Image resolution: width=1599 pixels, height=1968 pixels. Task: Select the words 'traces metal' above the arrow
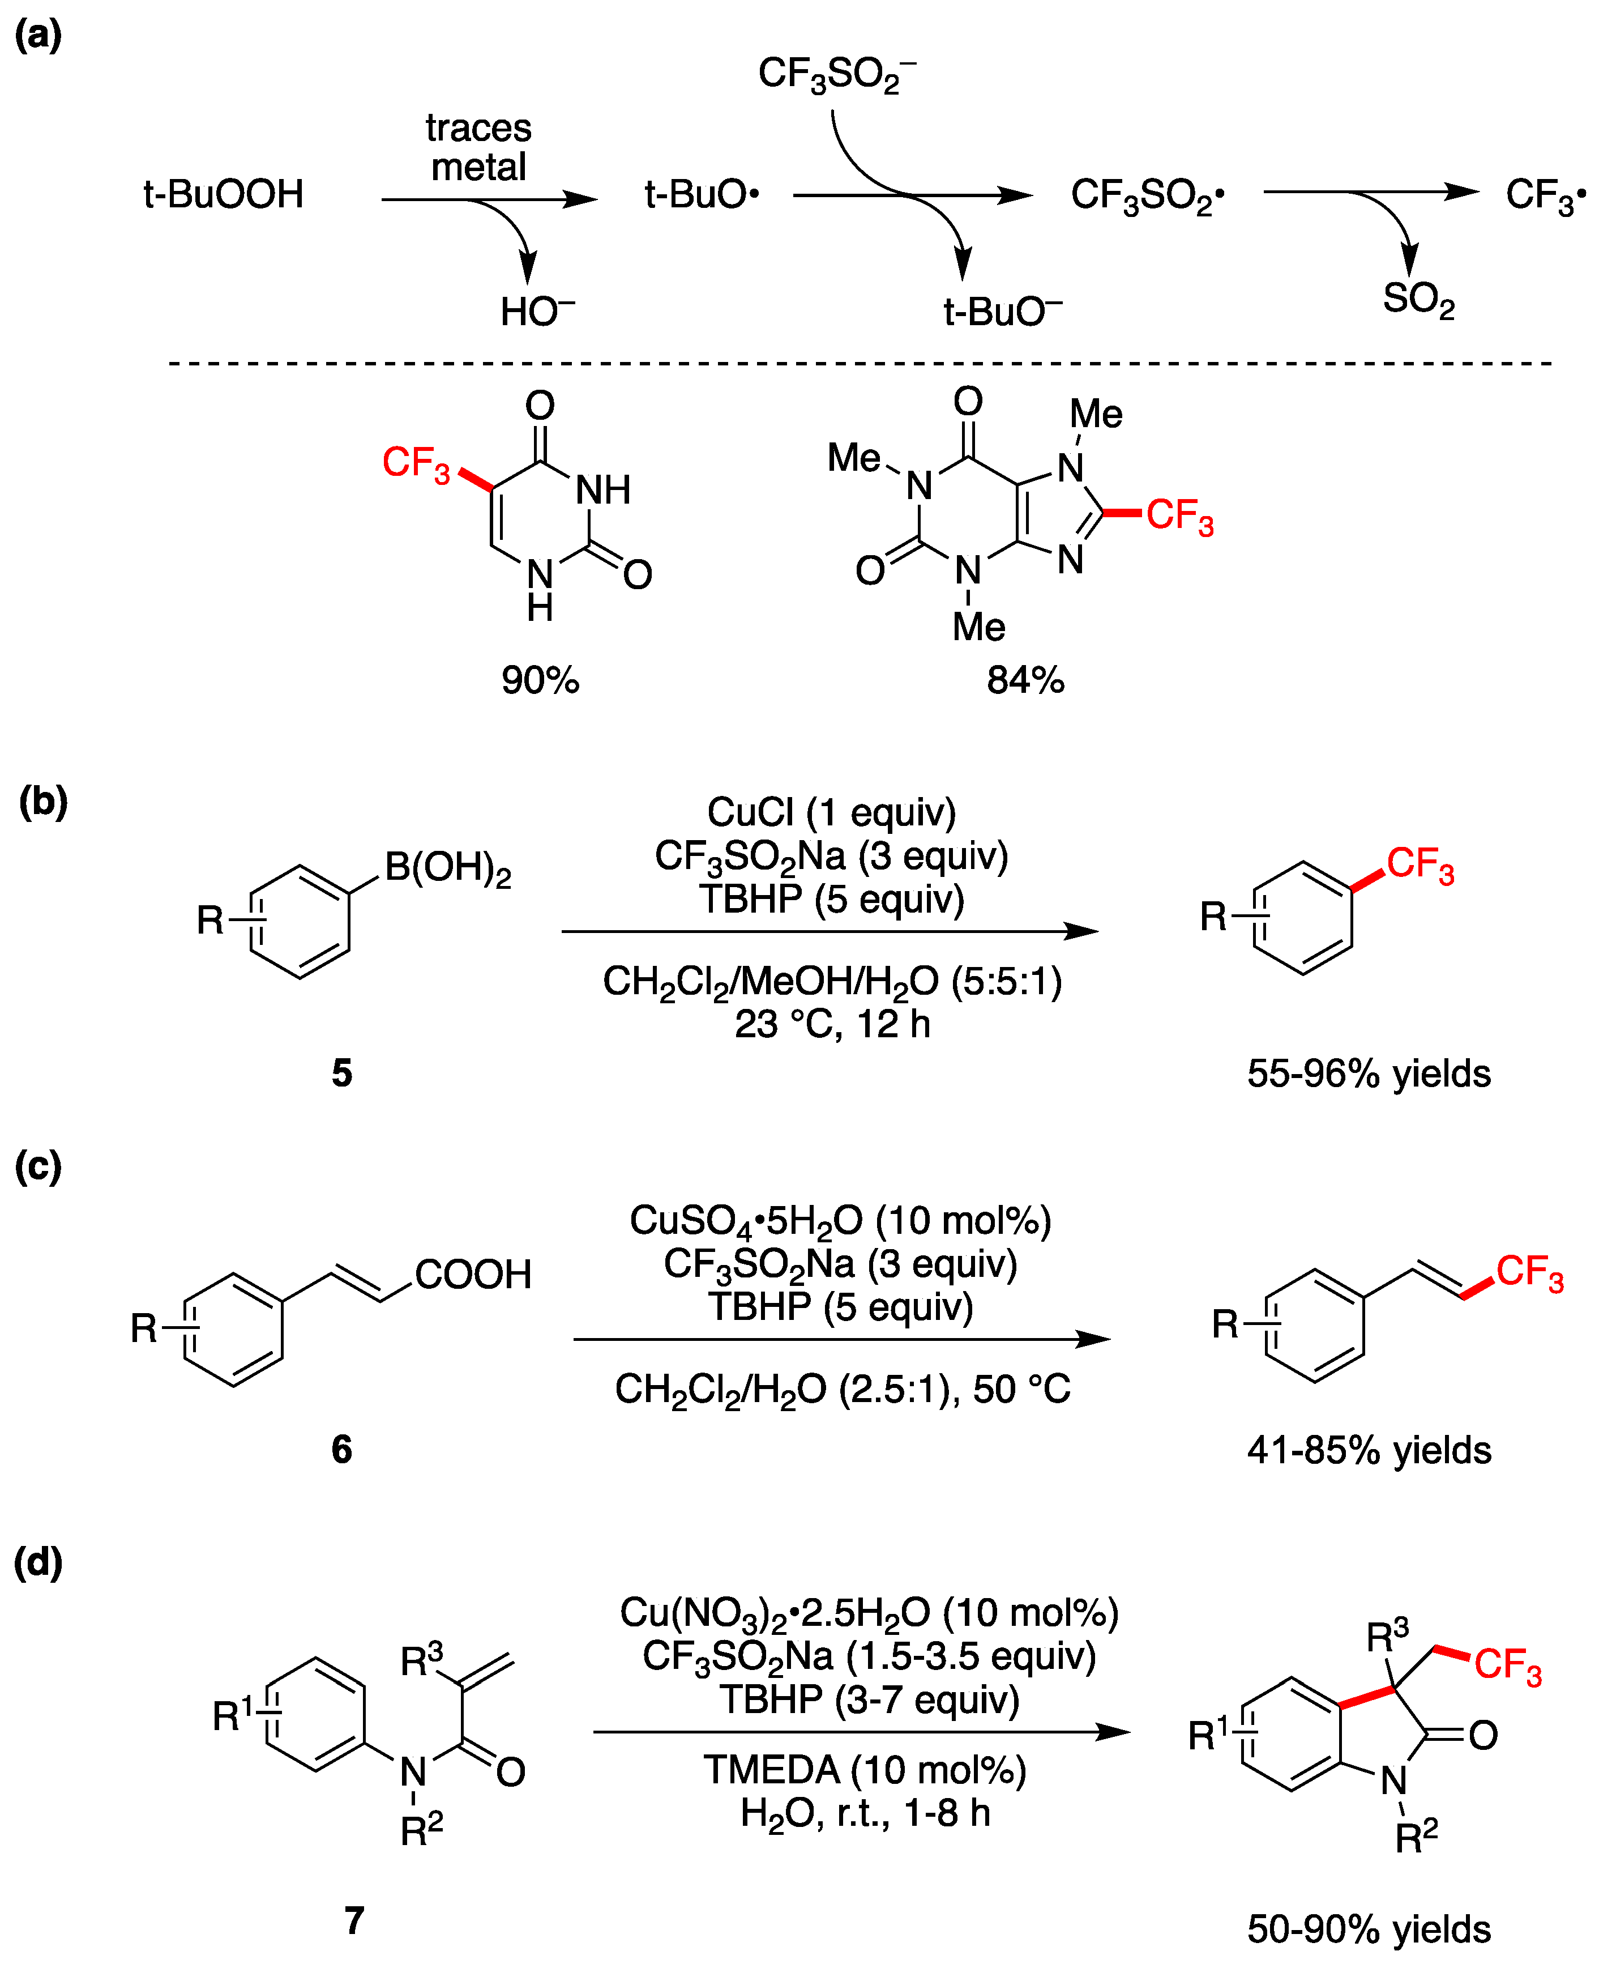point(478,147)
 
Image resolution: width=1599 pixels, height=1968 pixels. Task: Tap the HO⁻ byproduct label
point(537,312)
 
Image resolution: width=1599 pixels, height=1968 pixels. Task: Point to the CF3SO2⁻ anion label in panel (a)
point(836,74)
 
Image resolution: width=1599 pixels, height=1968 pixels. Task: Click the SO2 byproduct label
point(1418,300)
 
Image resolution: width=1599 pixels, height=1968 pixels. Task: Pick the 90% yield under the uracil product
point(540,680)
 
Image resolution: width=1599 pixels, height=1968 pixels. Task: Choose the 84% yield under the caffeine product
point(1025,680)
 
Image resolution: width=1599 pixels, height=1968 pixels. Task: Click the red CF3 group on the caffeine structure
point(1180,516)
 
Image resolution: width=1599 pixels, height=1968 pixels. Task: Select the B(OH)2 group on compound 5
point(448,868)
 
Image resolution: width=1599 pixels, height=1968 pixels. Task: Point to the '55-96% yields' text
point(1369,1074)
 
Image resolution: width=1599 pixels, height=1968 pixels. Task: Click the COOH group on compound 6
point(473,1274)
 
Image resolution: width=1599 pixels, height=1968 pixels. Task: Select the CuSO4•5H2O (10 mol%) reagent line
point(840,1221)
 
